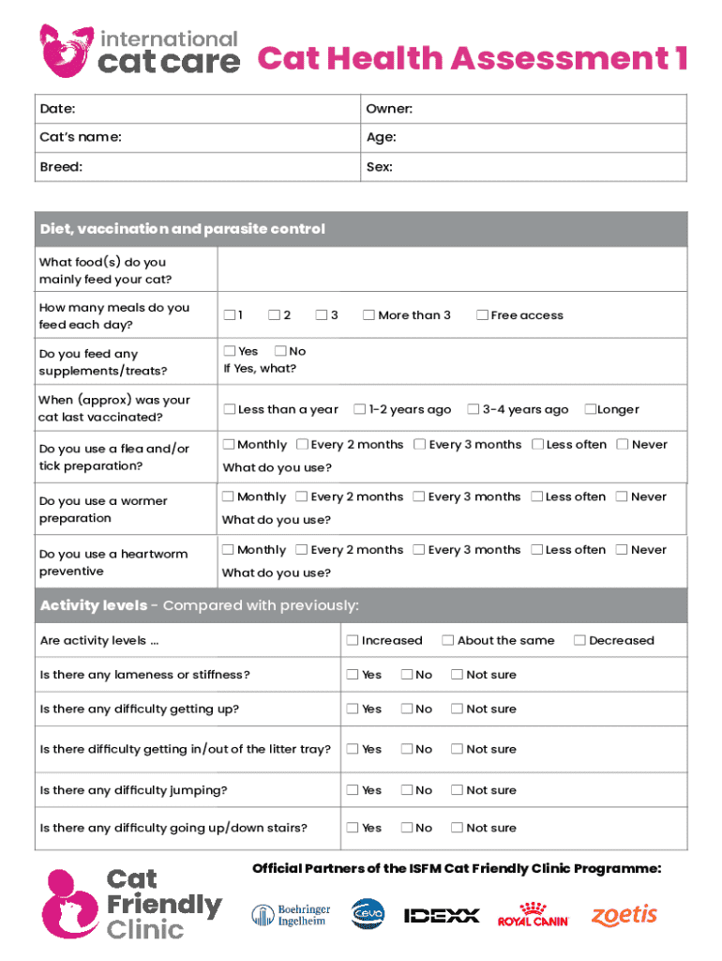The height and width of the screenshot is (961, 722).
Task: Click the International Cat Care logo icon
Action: point(66,51)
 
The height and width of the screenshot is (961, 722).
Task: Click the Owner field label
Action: point(389,110)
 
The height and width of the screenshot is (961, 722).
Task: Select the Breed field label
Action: point(61,167)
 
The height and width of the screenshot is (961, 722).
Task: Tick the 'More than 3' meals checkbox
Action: point(369,315)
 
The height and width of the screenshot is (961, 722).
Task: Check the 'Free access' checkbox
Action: point(482,315)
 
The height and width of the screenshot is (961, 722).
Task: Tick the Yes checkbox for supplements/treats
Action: point(229,351)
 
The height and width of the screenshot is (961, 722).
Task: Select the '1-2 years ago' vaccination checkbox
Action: point(359,409)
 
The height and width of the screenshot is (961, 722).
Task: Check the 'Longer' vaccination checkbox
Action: point(590,409)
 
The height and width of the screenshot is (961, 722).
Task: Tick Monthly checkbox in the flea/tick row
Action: point(229,445)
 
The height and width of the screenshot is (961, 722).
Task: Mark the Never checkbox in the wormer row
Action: point(622,496)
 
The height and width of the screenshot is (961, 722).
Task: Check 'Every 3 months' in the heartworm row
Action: point(419,550)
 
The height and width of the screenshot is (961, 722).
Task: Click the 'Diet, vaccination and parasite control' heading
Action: point(183,229)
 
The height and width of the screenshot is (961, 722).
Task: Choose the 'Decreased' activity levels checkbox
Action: point(579,640)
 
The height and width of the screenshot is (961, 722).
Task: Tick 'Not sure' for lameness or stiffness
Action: point(457,675)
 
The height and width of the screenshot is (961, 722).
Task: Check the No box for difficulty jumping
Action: point(407,790)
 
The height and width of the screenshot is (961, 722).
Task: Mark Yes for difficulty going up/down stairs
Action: point(353,828)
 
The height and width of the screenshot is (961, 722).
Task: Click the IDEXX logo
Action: point(442,915)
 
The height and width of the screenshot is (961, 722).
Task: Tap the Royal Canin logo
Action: point(533,915)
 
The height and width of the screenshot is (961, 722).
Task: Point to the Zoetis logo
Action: point(624,915)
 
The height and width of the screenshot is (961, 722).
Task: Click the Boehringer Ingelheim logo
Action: point(291,915)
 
